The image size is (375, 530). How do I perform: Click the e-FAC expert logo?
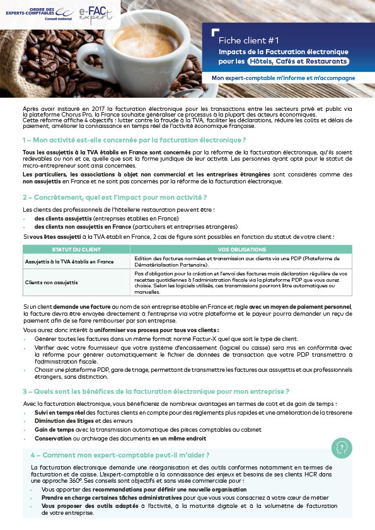[96, 14]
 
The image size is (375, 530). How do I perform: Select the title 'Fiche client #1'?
[242, 40]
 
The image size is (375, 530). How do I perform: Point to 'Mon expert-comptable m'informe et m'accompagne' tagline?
[283, 78]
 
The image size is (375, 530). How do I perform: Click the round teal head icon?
[342, 447]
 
